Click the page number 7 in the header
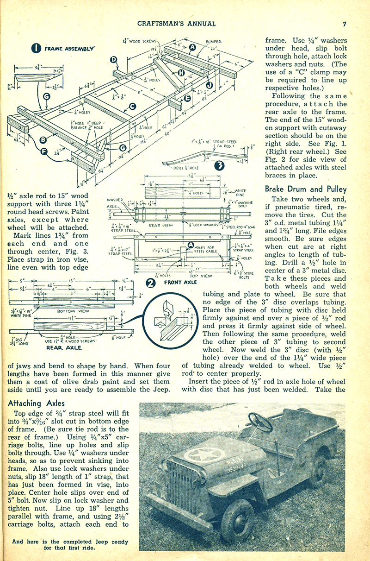(345, 24)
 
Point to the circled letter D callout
(114, 59)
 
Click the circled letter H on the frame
(181, 73)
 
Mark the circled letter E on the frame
(187, 98)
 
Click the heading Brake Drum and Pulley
(305, 189)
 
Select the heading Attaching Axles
(37, 403)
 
